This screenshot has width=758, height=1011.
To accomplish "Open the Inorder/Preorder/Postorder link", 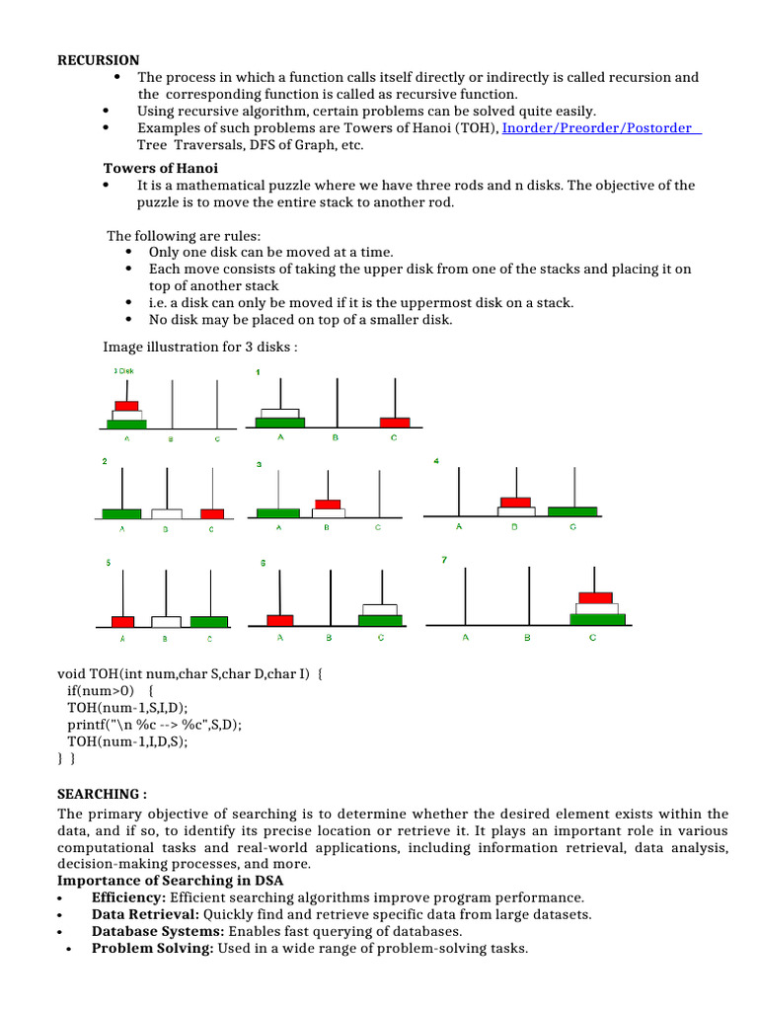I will click(x=600, y=127).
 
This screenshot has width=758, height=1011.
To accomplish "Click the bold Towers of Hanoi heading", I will click(x=161, y=168).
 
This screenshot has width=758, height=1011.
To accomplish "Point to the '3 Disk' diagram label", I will click(x=123, y=371).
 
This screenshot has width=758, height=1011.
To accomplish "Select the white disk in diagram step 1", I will click(x=278, y=413).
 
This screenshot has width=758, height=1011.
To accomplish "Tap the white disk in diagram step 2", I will click(x=167, y=513).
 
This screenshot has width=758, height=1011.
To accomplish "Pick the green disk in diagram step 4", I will click(x=572, y=510).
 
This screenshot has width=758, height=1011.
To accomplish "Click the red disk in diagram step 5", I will click(x=122, y=621).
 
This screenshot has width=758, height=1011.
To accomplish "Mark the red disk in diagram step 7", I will click(x=594, y=596).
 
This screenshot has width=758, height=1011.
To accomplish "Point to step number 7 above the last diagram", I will click(x=444, y=560).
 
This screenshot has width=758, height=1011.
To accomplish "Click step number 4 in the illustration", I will click(x=436, y=461).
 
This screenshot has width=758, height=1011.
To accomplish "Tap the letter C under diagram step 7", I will click(x=592, y=638).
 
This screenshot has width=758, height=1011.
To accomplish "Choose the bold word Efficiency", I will click(x=129, y=897).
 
